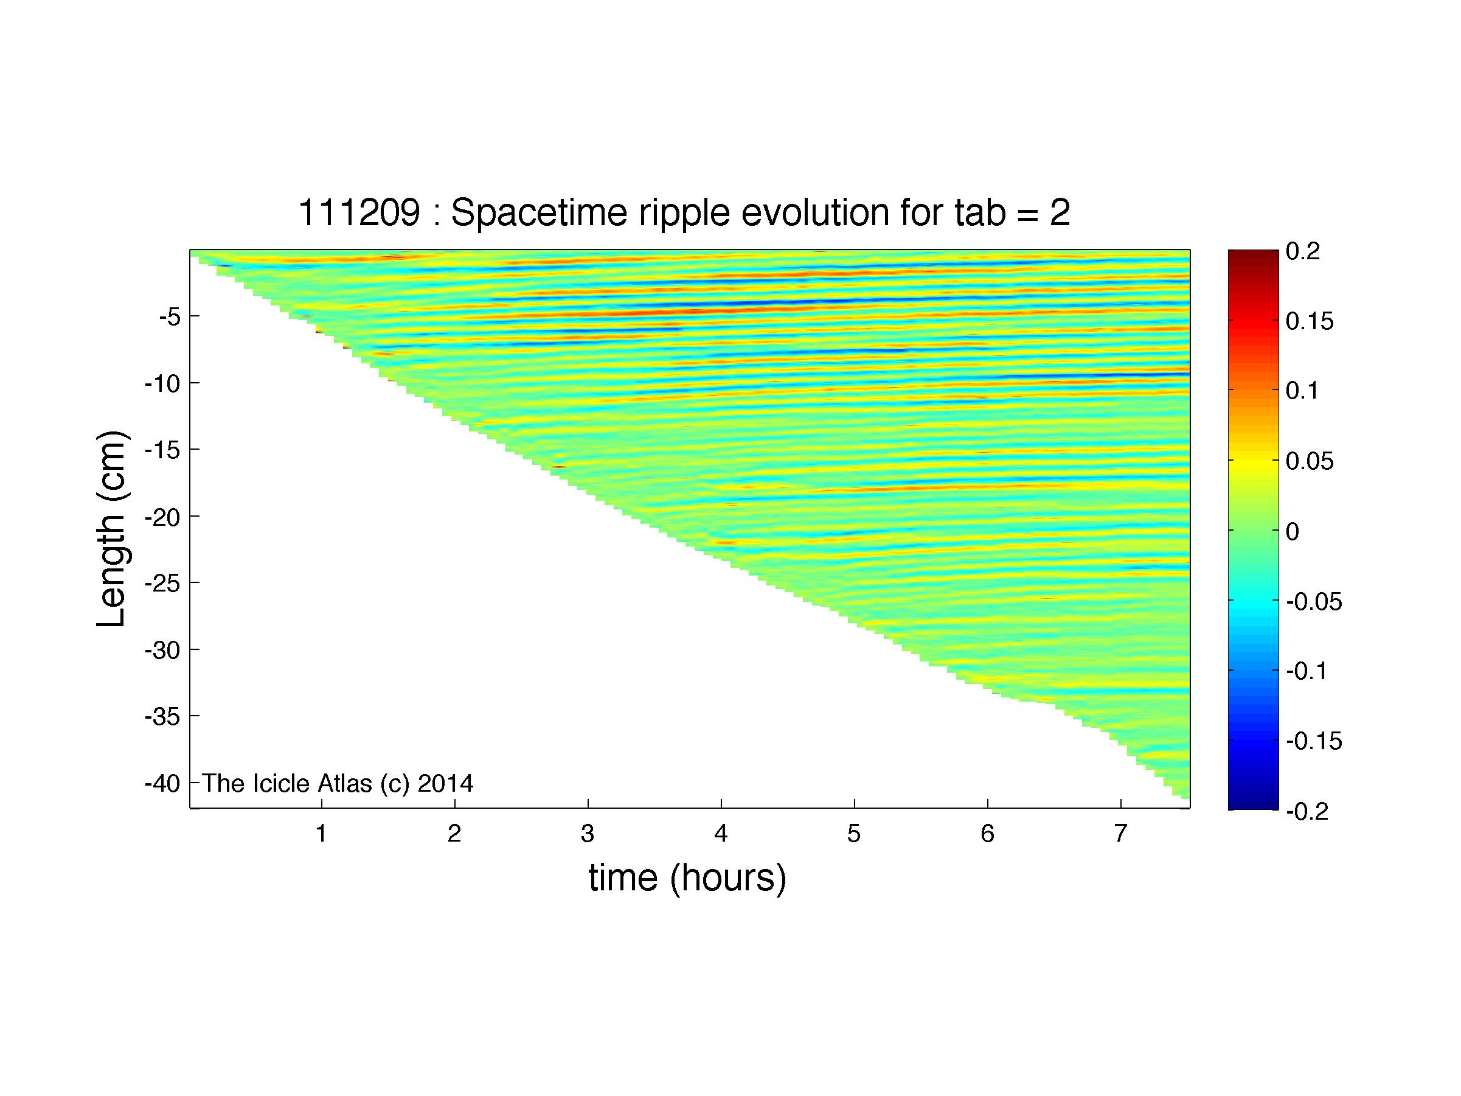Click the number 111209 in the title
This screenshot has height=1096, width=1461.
[359, 213]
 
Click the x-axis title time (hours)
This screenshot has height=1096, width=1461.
[687, 878]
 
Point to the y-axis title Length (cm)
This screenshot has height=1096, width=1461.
[111, 528]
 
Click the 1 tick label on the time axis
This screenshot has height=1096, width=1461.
[322, 834]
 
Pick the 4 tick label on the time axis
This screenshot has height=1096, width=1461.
[721, 834]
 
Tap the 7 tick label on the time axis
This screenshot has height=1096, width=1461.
[1120, 834]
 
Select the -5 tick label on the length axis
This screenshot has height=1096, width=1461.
[170, 317]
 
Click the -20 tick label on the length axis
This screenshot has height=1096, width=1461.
[162, 517]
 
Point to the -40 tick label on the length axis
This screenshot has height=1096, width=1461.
[162, 784]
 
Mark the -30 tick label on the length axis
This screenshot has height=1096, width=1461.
[162, 651]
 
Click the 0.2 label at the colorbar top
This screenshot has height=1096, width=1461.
[1303, 251]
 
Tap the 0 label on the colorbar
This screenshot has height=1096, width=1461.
[1293, 531]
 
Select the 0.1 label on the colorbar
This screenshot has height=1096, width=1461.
[1302, 391]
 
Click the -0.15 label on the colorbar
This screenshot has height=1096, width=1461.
[1314, 741]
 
